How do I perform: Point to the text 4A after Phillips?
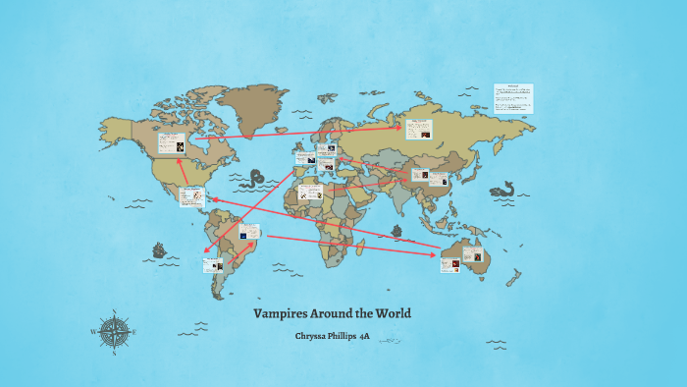tap(364, 337)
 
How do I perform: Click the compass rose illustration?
tap(117, 332)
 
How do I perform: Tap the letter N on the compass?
tap(117, 315)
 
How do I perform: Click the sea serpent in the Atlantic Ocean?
tap(257, 180)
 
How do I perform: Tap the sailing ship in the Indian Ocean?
tap(396, 233)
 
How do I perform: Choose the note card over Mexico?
tap(191, 196)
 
